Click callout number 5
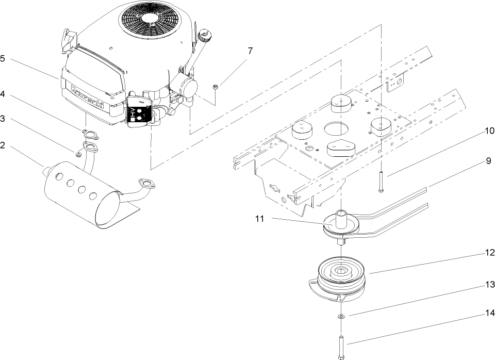coord(3,59)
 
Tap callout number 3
coord(3,119)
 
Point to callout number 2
coord(3,145)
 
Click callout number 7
coord(251,51)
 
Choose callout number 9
coord(488,161)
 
